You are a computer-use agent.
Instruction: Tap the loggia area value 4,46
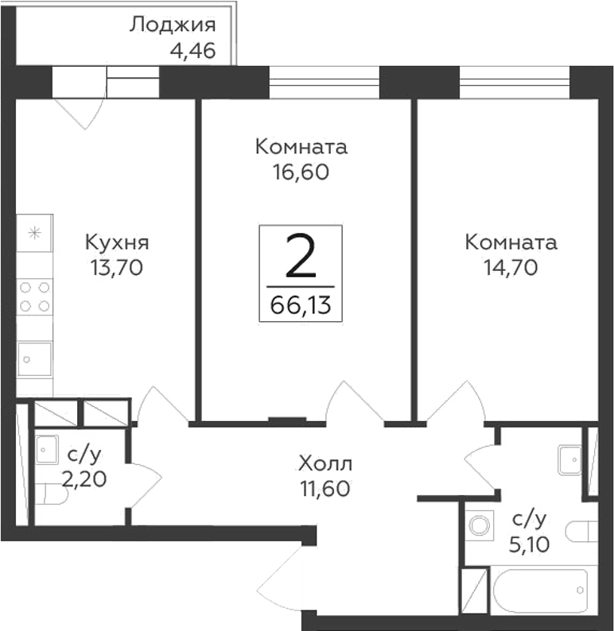point(192,52)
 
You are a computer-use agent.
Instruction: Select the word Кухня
point(118,242)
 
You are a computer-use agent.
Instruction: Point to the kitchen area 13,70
point(117,268)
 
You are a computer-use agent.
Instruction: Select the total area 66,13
point(300,304)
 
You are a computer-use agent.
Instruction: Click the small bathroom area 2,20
point(84,479)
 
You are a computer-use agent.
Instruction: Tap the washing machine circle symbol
point(479,525)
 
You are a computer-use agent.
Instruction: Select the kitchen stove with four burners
point(35,296)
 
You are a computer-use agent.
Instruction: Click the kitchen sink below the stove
point(35,358)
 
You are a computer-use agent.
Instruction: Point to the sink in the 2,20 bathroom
point(46,449)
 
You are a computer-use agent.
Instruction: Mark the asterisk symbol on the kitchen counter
point(34,233)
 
